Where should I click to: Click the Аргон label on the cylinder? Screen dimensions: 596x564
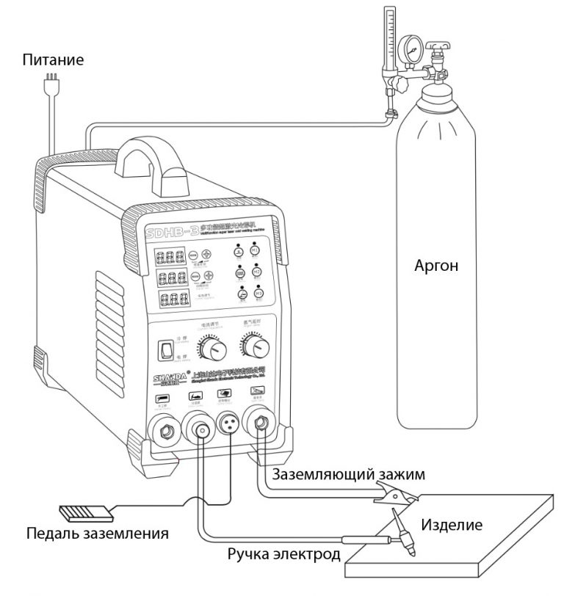pos(437,265)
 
